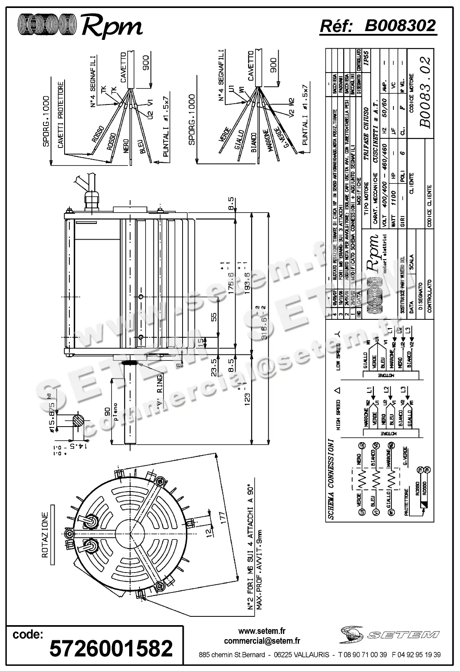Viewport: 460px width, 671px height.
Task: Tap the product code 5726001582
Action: coord(111,648)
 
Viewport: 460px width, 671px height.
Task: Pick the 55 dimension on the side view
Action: coord(214,317)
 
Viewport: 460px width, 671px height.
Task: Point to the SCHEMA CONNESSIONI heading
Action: coord(331,479)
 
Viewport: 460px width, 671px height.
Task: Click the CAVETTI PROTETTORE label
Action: coord(61,116)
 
